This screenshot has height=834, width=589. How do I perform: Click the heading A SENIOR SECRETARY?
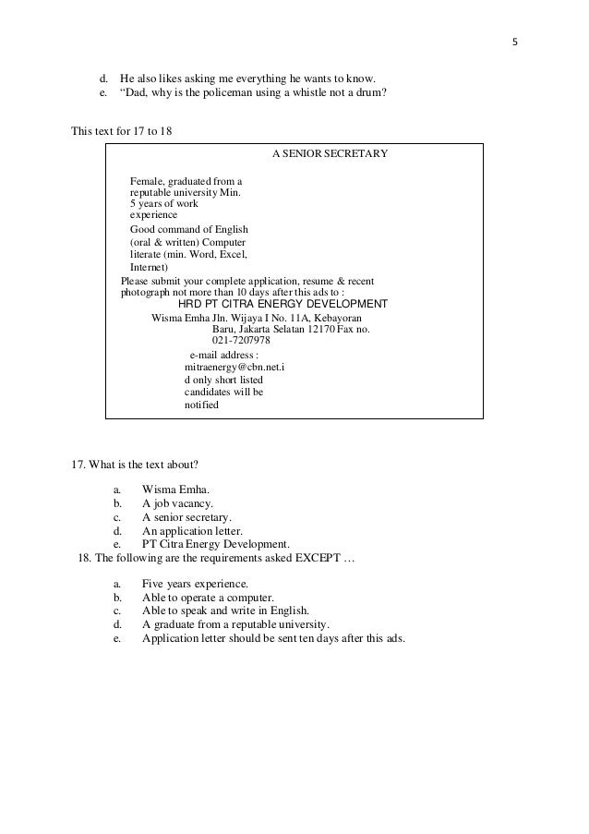330,152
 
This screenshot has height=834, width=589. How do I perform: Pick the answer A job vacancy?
177,503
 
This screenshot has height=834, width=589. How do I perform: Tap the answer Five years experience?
194,585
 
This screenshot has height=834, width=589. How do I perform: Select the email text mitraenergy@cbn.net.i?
234,366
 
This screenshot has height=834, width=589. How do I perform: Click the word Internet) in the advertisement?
149,267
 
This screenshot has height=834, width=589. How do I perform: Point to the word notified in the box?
202,405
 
